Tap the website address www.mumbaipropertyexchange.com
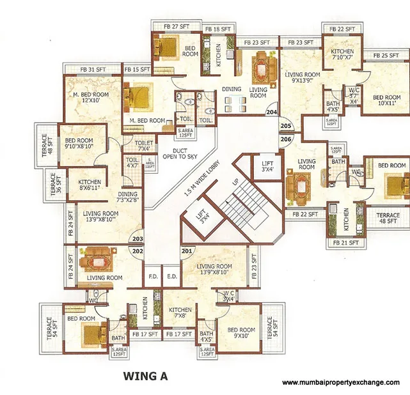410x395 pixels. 341,382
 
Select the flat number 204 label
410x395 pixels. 272,112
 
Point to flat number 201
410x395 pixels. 187,251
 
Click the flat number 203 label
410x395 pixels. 136,240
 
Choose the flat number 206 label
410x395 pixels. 285,139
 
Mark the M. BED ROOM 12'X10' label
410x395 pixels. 90,98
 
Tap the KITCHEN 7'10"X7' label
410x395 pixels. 342,54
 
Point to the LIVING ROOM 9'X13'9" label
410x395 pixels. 302,77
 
